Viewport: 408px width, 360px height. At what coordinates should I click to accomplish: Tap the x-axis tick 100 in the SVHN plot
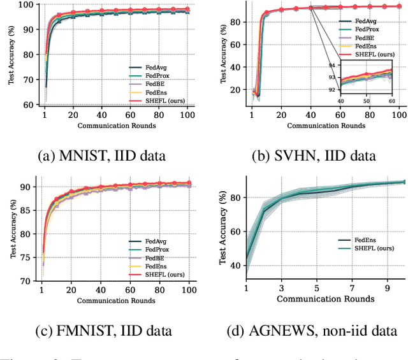[x=399, y=115]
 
